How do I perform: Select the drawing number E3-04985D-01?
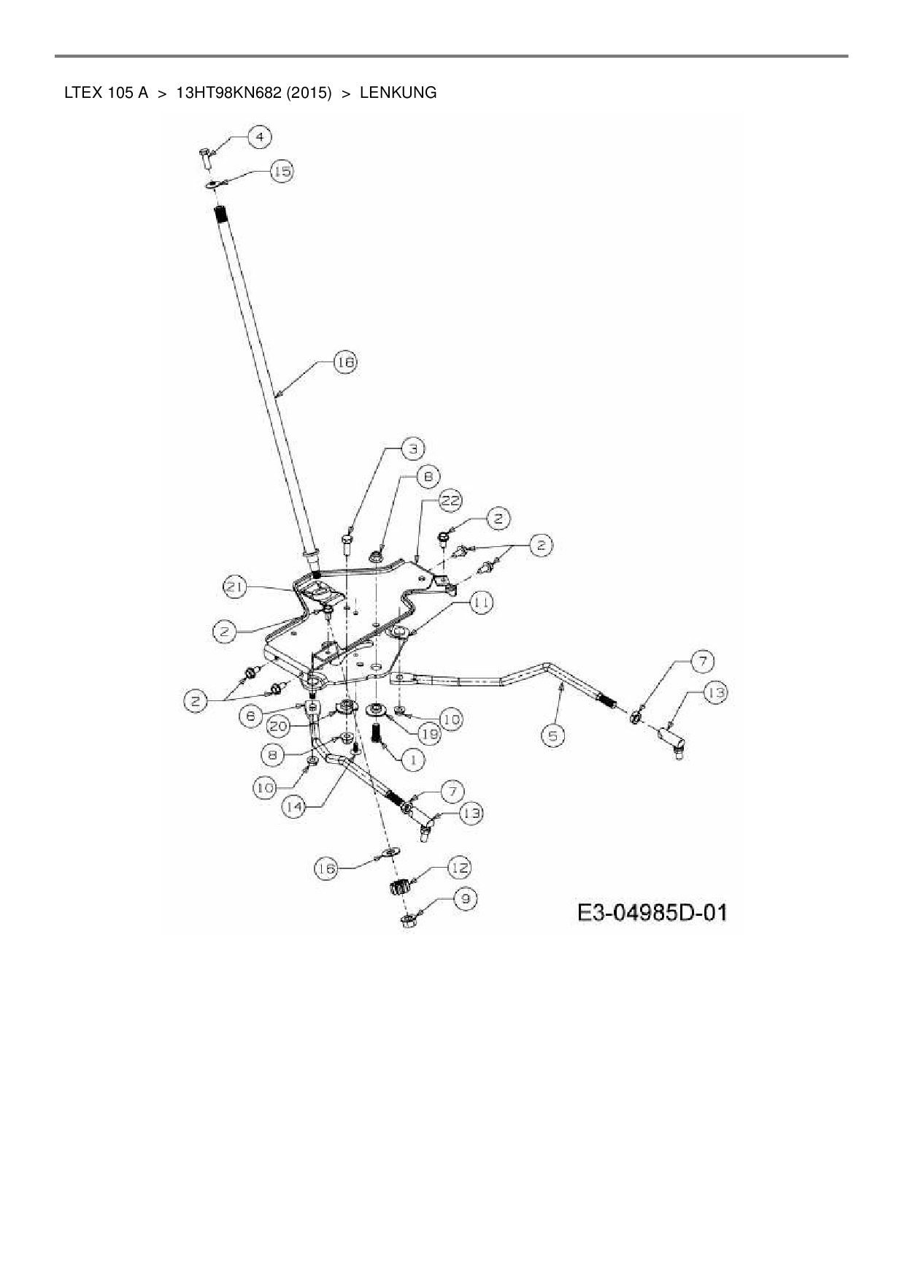652,913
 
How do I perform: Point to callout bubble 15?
282,172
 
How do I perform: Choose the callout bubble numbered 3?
412,448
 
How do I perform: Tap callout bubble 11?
481,603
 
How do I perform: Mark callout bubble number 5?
554,735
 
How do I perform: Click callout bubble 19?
428,734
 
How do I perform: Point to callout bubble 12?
458,868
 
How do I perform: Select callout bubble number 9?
465,898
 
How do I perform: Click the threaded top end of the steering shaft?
220,216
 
